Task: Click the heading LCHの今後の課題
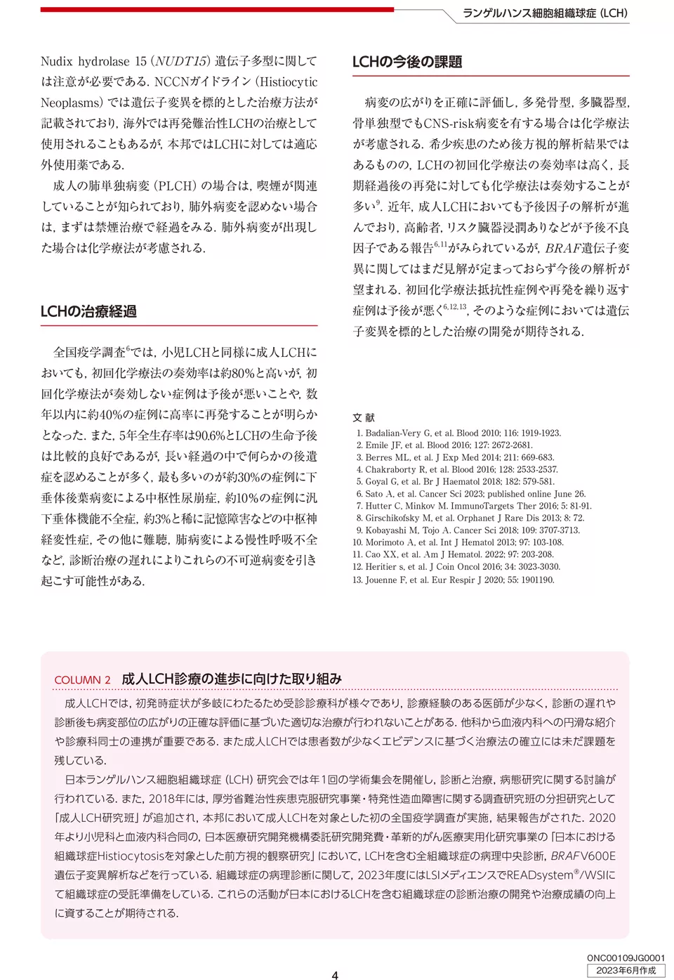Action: pos(407,62)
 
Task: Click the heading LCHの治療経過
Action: pos(88,311)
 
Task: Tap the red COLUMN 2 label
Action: pos(82,680)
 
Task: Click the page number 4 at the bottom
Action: pos(335,974)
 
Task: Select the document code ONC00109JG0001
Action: pos(626,958)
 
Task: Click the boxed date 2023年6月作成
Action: pos(626,970)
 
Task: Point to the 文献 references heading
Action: pos(364,417)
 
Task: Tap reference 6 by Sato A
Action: pos(469,494)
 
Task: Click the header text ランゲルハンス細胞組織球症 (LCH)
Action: pos(545,13)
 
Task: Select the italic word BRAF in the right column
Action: pos(562,248)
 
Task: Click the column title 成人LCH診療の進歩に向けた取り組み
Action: pos(232,679)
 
